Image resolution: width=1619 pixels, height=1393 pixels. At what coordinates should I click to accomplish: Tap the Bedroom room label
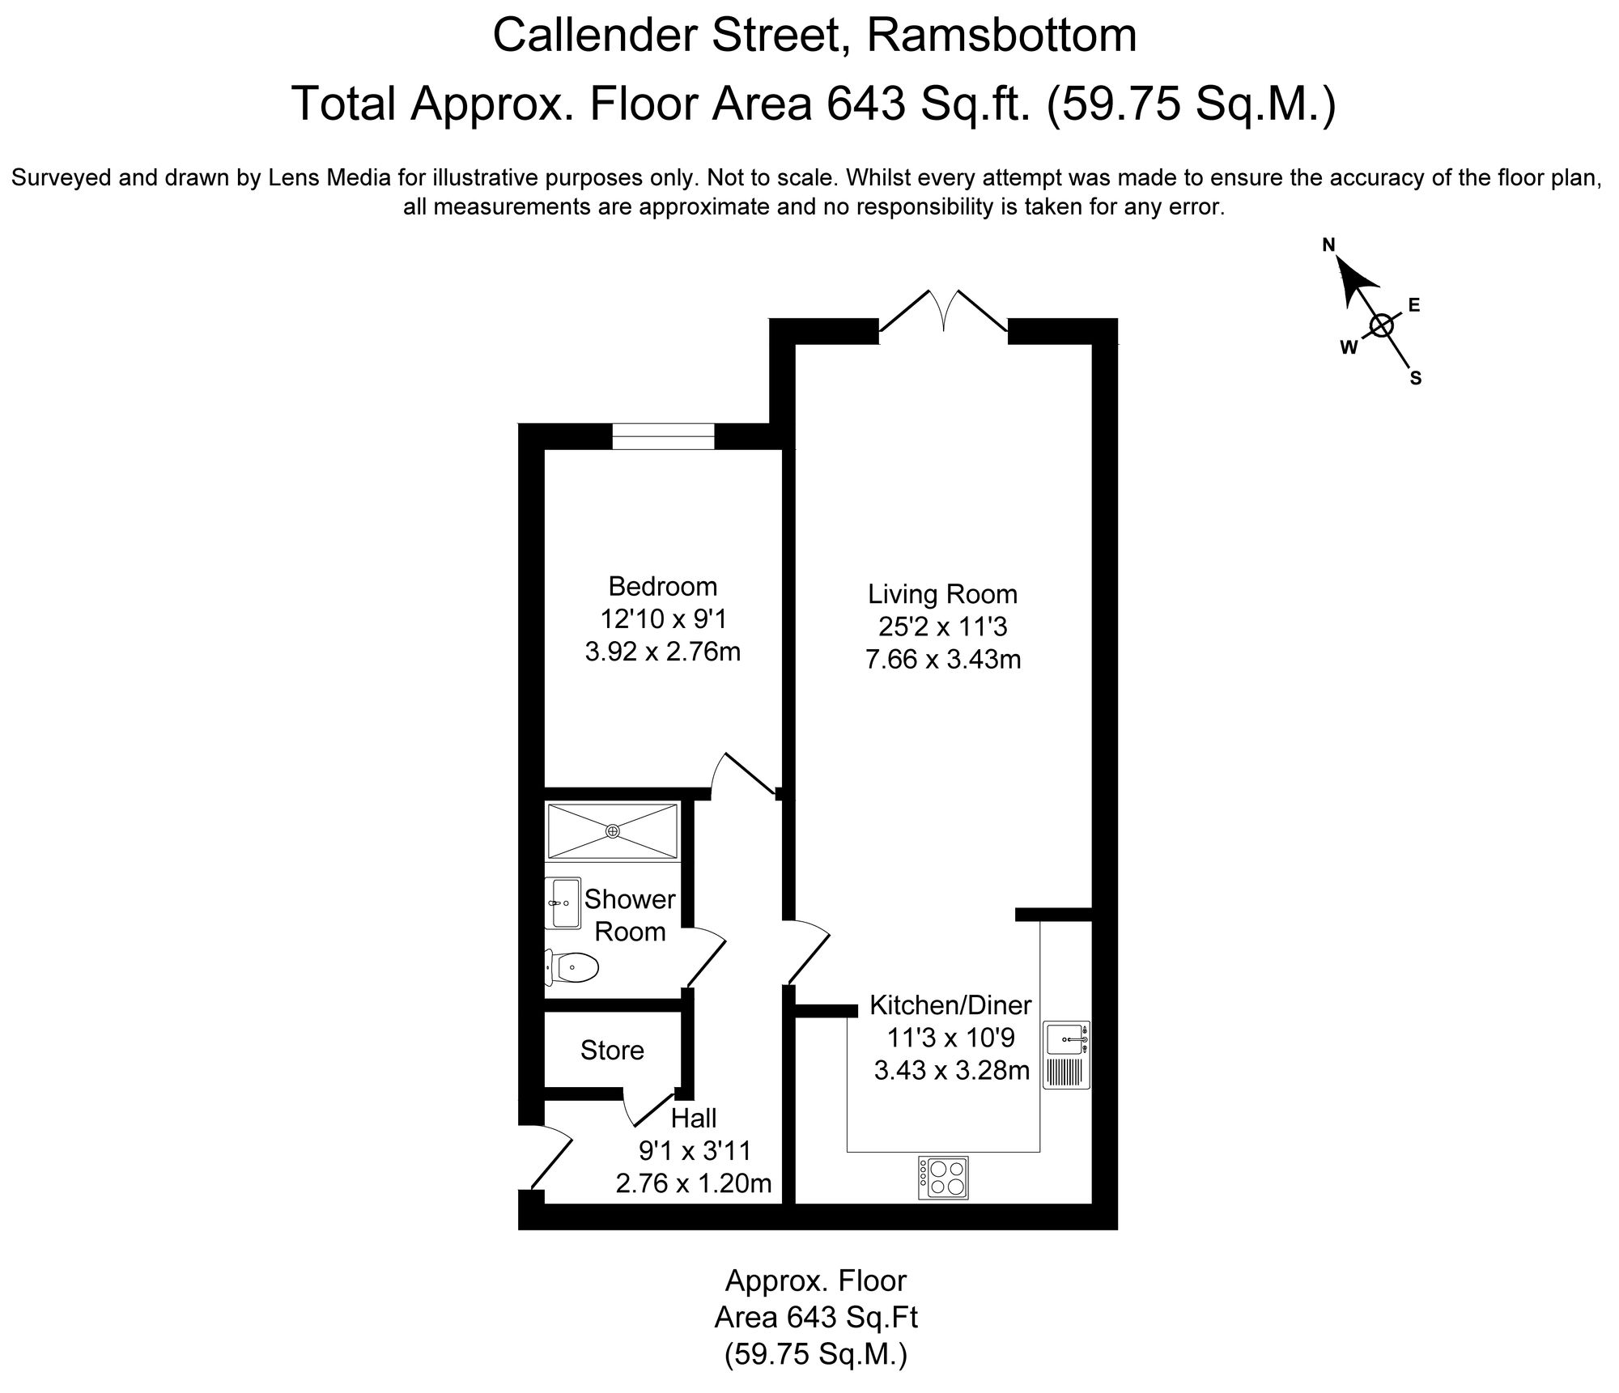(x=662, y=585)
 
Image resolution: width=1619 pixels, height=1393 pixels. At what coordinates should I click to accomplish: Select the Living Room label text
(x=942, y=594)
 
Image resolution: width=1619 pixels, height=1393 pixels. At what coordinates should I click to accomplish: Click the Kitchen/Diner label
(x=950, y=1004)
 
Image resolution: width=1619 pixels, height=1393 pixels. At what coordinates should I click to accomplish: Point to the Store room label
(x=612, y=1050)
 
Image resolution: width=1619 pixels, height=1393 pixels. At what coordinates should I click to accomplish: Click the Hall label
(x=694, y=1118)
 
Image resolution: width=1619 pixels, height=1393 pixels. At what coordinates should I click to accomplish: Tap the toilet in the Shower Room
(x=574, y=966)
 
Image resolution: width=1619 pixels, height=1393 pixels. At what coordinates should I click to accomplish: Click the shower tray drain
(x=613, y=830)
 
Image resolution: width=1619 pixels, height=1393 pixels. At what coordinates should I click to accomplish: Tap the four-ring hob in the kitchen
(x=943, y=1178)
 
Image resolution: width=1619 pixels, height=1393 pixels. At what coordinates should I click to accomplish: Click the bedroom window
(x=663, y=435)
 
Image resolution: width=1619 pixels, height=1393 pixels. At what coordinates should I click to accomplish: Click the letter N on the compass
(x=1328, y=244)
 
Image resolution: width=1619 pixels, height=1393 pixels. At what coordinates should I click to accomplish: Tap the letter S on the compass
(x=1416, y=378)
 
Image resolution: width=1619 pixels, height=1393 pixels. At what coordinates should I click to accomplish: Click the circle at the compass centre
(x=1381, y=326)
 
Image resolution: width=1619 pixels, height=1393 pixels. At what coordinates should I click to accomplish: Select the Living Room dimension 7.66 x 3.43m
(x=942, y=660)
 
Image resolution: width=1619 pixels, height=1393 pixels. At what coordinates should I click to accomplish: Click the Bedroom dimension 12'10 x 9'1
(x=663, y=618)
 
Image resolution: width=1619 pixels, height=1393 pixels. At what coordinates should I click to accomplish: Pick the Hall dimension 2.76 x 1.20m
(x=694, y=1183)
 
